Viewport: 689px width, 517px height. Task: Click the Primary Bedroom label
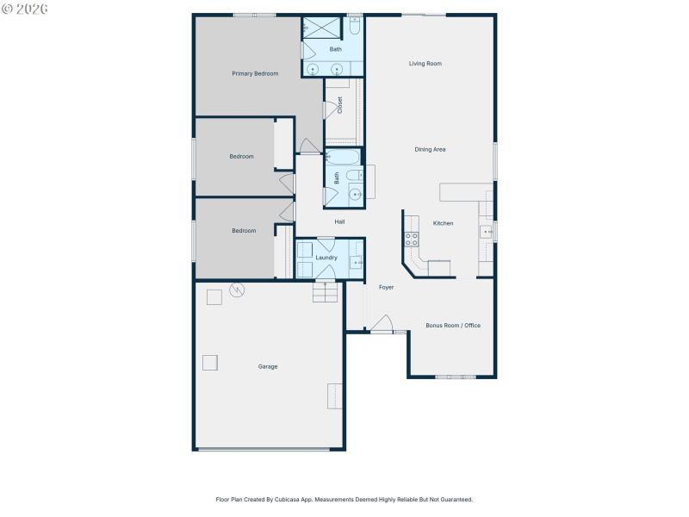pyautogui.click(x=255, y=74)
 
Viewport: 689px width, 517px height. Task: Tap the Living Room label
pyautogui.click(x=425, y=64)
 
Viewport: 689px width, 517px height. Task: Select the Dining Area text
pyautogui.click(x=430, y=150)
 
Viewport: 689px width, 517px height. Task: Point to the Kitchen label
pyautogui.click(x=443, y=224)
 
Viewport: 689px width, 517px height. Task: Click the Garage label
pyautogui.click(x=268, y=367)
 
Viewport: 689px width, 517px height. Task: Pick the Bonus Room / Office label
pyautogui.click(x=453, y=326)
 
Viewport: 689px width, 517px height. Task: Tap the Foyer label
pyautogui.click(x=386, y=288)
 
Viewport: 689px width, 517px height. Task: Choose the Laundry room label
pyautogui.click(x=326, y=258)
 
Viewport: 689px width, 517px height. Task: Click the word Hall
pyautogui.click(x=340, y=222)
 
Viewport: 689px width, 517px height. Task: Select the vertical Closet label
pyautogui.click(x=340, y=105)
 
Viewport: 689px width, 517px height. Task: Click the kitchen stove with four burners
pyautogui.click(x=412, y=239)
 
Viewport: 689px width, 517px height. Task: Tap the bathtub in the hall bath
pyautogui.click(x=344, y=158)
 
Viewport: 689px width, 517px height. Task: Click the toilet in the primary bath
pyautogui.click(x=354, y=26)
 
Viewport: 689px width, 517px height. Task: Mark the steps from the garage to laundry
pyautogui.click(x=325, y=293)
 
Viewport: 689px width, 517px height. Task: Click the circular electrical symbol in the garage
pyautogui.click(x=237, y=290)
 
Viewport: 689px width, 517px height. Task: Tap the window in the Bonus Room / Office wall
pyautogui.click(x=455, y=377)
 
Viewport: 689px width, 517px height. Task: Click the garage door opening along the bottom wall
pyautogui.click(x=264, y=449)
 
